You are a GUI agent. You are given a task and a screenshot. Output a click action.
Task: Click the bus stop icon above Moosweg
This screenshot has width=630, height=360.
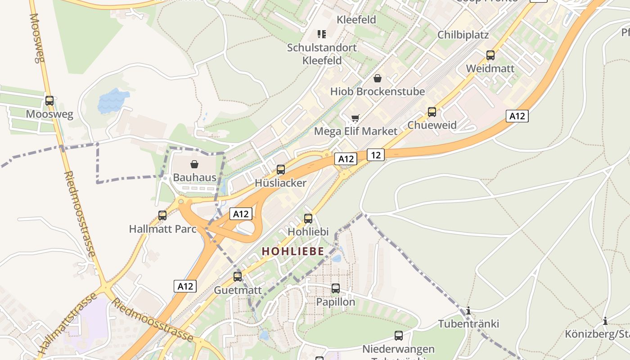(49, 101)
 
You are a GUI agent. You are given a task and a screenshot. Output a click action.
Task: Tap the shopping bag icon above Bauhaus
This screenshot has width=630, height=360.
(194, 164)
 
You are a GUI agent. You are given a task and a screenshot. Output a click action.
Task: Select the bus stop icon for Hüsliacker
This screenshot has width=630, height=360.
(281, 170)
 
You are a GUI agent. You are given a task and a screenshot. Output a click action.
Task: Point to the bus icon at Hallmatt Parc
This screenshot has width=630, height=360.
(162, 216)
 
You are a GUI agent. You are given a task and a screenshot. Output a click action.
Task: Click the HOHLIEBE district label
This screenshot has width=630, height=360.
(293, 251)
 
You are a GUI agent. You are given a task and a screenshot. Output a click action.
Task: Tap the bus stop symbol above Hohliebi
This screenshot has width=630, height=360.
(308, 219)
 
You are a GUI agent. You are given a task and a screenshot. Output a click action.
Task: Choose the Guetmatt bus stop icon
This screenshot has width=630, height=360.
(238, 276)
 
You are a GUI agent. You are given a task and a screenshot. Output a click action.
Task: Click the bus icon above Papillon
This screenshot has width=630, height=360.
(336, 288)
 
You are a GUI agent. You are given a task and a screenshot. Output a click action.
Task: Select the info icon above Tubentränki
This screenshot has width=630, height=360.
(469, 310)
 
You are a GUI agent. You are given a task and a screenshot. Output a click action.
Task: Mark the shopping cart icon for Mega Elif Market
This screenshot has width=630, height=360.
(355, 118)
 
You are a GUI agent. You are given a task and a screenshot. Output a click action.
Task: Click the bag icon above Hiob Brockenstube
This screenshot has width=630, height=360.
(378, 78)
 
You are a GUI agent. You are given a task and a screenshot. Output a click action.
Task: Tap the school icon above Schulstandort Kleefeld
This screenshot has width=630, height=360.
(321, 34)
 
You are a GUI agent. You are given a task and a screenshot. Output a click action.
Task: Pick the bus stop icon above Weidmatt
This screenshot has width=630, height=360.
(490, 55)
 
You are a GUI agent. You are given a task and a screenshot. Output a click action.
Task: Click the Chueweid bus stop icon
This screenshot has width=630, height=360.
(432, 112)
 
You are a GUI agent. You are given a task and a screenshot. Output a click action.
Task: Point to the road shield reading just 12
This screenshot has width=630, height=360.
(376, 155)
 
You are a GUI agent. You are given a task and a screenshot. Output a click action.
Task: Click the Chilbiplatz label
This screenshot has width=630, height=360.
(463, 35)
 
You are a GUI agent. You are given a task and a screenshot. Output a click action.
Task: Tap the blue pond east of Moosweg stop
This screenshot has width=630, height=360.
(112, 100)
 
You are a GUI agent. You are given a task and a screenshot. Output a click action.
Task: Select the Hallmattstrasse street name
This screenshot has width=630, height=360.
(67, 323)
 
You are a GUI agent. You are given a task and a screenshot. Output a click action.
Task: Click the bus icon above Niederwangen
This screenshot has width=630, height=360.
(399, 336)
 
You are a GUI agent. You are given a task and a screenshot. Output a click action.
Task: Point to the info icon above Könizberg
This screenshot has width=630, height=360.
(605, 321)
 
